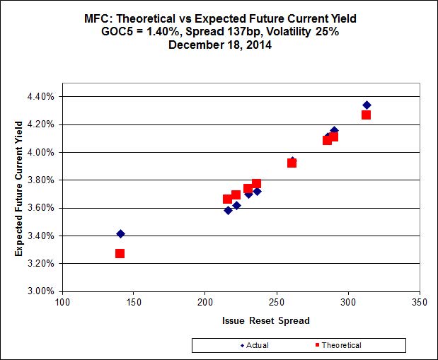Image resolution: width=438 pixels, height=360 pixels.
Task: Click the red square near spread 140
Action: [x=120, y=253]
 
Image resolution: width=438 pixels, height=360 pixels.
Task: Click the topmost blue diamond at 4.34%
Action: [x=367, y=105]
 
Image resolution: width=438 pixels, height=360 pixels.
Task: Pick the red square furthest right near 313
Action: [x=366, y=115]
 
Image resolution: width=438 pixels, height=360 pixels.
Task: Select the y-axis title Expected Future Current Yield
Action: [x=20, y=193]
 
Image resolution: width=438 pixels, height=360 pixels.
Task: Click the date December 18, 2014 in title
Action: [x=219, y=44]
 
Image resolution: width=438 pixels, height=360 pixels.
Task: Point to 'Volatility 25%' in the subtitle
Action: [x=306, y=31]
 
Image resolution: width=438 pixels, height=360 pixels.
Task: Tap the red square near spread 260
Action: [x=292, y=163]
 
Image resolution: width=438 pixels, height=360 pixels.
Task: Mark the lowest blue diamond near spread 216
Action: [x=228, y=210]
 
